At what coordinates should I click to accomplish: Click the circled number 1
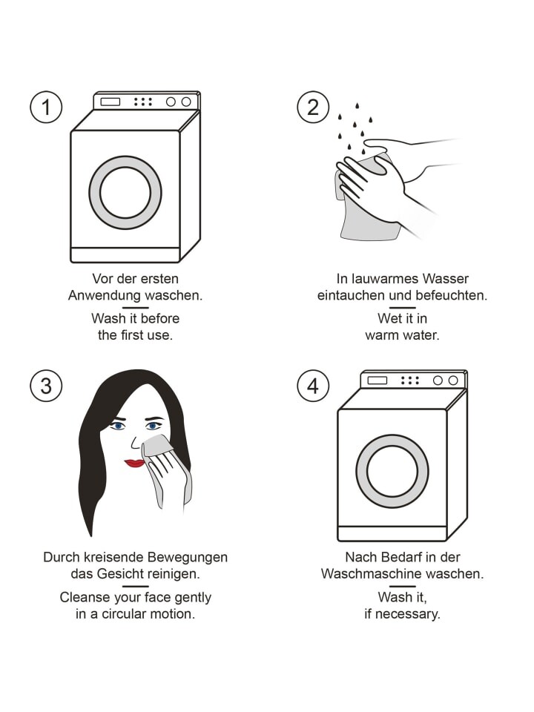point(46,107)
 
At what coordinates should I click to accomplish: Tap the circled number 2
point(313,107)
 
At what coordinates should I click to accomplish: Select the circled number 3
point(46,386)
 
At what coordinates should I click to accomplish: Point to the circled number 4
point(313,386)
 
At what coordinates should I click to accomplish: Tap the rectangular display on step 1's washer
point(110,102)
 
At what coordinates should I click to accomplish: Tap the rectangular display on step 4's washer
point(378,380)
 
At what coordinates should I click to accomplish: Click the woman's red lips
point(134,463)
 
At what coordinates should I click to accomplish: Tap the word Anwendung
point(104,296)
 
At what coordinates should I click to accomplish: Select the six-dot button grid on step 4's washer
point(410,380)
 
